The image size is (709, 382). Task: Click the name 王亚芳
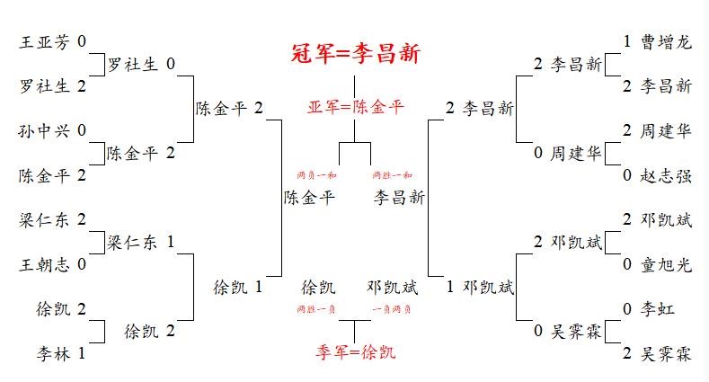[45, 41]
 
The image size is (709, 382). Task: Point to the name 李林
[54, 353]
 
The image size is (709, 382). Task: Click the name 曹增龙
[667, 41]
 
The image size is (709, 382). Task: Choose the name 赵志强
[667, 175]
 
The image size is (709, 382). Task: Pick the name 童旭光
[667, 264]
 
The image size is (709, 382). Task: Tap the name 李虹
[658, 309]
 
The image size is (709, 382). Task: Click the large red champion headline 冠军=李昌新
[356, 54]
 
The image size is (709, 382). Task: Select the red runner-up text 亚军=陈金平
[356, 108]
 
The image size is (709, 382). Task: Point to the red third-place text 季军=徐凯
[356, 351]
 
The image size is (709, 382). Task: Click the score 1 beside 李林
[82, 353]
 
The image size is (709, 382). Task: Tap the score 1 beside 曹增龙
[627, 41]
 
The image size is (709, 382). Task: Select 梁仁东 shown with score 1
[132, 242]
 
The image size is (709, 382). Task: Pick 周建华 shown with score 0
[575, 153]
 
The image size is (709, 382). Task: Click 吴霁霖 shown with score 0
[575, 331]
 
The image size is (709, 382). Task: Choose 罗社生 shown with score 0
[132, 64]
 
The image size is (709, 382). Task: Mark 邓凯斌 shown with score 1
[488, 288]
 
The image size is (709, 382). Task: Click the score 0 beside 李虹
[627, 309]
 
